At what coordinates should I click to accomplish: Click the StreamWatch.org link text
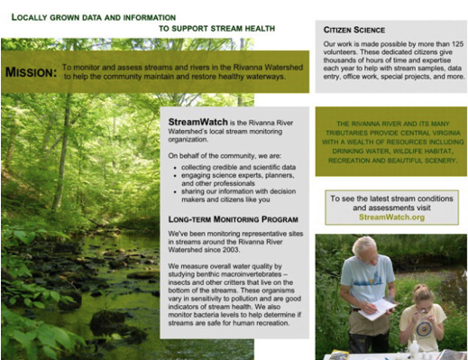coord(391,217)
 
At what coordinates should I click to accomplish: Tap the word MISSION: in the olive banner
coord(31,72)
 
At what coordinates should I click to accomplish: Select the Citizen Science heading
coord(354,30)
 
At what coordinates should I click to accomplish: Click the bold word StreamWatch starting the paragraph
coord(197,122)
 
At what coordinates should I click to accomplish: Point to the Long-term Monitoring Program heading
coord(233,219)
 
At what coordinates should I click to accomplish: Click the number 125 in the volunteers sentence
coord(457,44)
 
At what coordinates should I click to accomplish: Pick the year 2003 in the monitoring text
coord(231,250)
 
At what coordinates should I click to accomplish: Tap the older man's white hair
coord(364,245)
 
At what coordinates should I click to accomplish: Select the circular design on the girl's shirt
coord(424,328)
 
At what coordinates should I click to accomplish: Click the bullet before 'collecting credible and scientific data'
coord(175,168)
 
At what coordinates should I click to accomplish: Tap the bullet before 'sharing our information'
coord(175,192)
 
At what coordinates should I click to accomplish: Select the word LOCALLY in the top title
coord(29,17)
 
